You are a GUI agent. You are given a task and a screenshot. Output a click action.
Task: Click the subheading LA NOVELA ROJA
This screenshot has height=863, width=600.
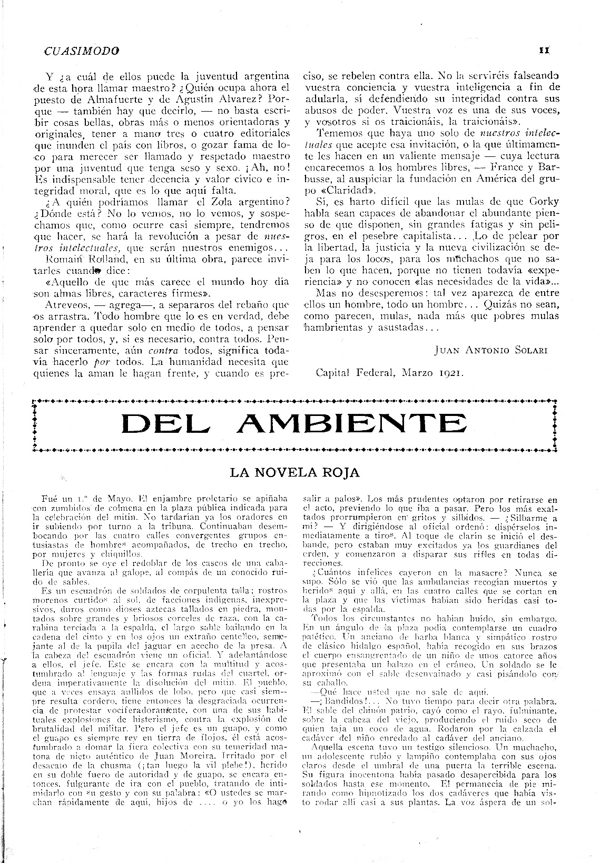[294, 472]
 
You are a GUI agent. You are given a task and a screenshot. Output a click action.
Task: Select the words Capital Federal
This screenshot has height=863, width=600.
[355, 373]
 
